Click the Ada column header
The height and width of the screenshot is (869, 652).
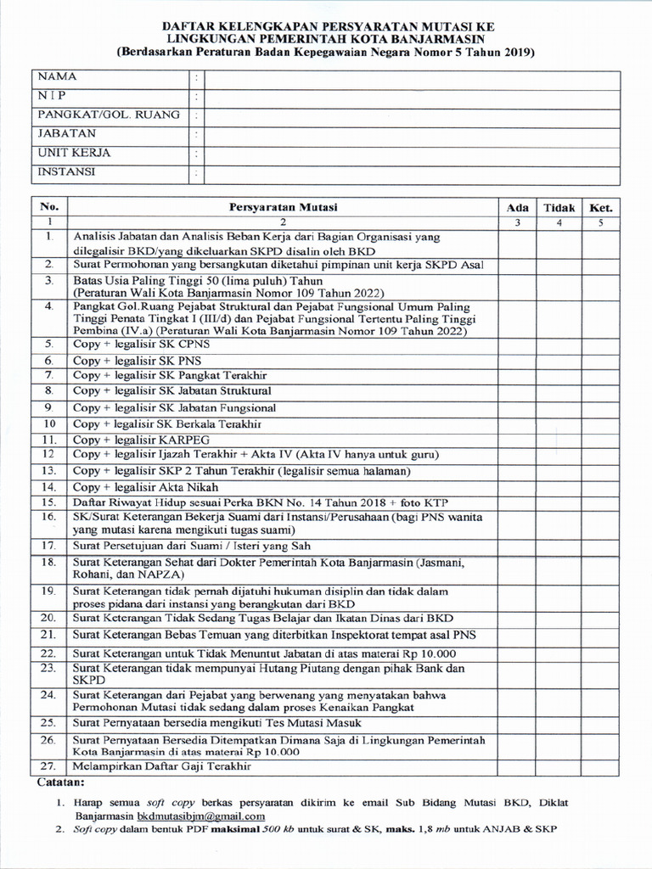pos(518,207)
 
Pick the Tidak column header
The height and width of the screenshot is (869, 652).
pos(559,207)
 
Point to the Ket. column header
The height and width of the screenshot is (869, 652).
pos(601,207)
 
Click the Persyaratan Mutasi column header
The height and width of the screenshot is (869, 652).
pos(283,207)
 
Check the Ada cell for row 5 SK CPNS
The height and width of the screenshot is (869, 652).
pos(518,345)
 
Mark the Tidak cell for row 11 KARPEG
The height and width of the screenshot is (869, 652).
pos(559,440)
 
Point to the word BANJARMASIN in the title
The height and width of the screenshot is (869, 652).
pos(436,39)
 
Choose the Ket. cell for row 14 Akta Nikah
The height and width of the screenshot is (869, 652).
pos(601,487)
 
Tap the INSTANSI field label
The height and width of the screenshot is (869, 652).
pos(65,172)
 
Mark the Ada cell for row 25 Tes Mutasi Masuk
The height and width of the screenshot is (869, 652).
pos(518,723)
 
